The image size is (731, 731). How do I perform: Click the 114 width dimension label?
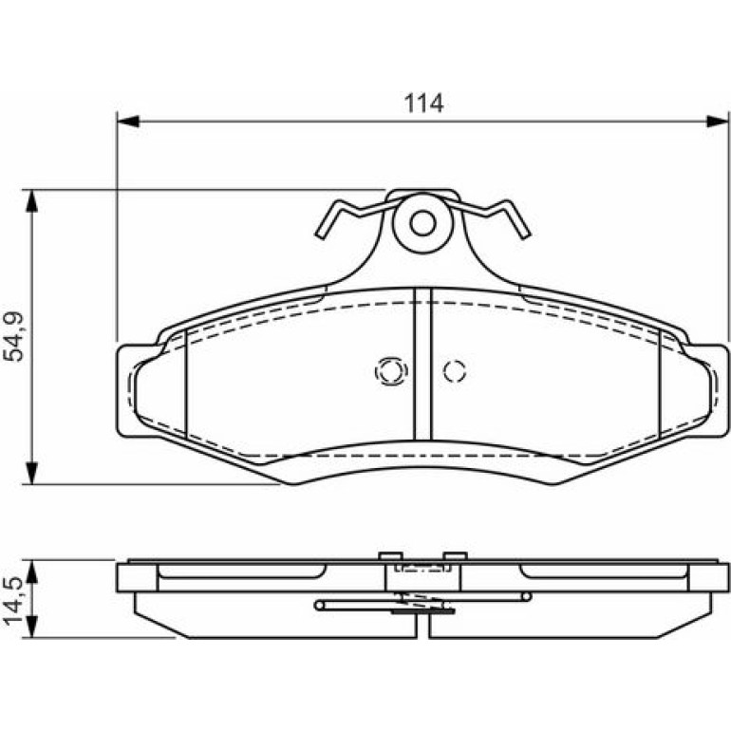click(423, 103)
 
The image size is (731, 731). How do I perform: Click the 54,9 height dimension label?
click(13, 336)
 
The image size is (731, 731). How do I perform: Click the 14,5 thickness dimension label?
click(13, 600)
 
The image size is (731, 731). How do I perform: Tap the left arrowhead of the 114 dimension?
click(128, 122)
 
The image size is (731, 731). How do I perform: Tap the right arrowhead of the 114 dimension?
click(717, 122)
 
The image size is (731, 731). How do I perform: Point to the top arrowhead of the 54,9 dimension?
click(31, 201)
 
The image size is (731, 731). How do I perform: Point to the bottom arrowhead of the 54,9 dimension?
click(31, 473)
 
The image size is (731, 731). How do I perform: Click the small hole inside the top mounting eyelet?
click(422, 223)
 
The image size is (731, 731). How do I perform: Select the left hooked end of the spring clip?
click(328, 219)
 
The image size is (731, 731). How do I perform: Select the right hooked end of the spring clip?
click(517, 219)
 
